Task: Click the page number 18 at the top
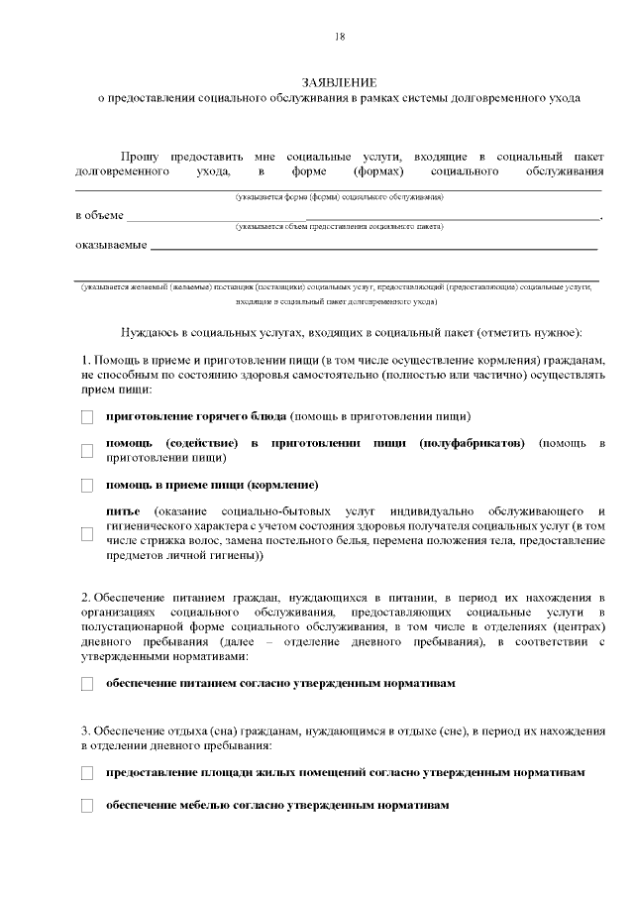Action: tap(340, 37)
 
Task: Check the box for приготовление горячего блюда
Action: tap(87, 416)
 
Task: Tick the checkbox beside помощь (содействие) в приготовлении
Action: tap(87, 451)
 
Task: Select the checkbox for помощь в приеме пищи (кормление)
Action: tap(87, 486)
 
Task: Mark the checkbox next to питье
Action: tap(87, 533)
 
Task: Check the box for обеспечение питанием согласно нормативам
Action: tap(87, 684)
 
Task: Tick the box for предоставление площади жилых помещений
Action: tap(87, 772)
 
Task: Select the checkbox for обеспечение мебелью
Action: tap(87, 806)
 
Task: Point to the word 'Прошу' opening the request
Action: tap(140, 157)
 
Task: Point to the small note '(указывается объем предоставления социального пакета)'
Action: tap(339, 227)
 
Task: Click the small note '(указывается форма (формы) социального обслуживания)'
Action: tap(339, 197)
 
